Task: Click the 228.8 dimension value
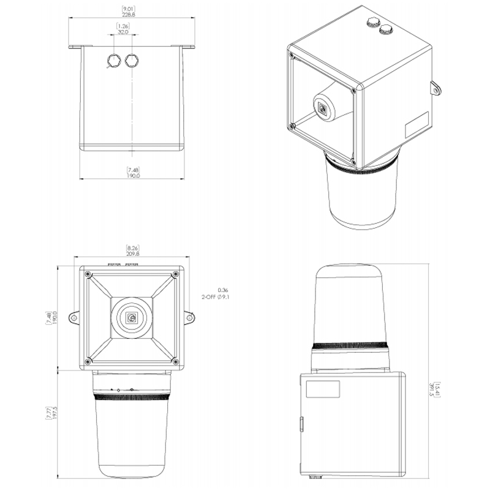(129, 14)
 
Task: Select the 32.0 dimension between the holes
(123, 32)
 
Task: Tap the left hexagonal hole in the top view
(113, 60)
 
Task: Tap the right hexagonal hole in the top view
(132, 60)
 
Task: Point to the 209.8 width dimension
(133, 254)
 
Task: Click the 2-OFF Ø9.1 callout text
(216, 297)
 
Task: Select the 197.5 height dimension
(56, 412)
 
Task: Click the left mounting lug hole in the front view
(73, 318)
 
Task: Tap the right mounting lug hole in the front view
(189, 318)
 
